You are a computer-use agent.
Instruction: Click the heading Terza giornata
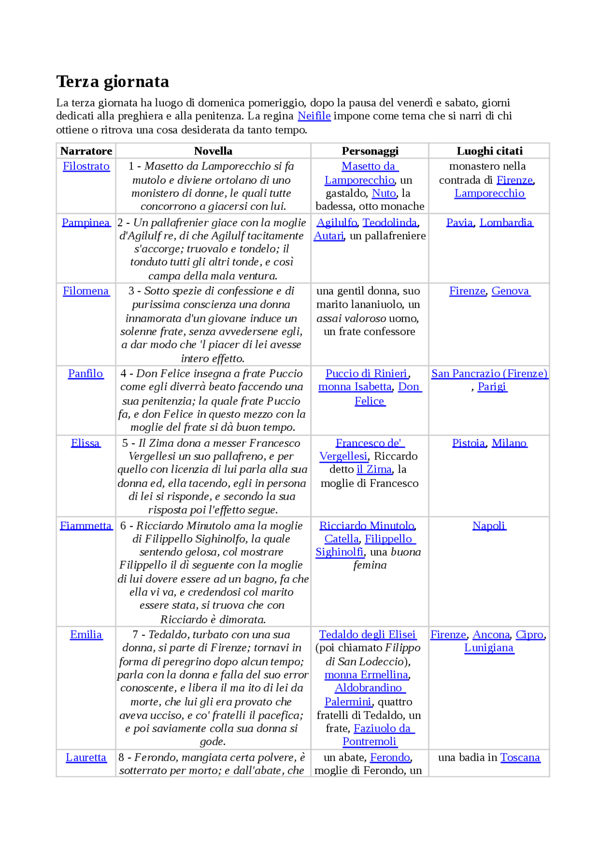pyautogui.click(x=112, y=81)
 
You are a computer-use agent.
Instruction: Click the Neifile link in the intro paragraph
pyautogui.click(x=314, y=116)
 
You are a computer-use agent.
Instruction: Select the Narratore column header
pyautogui.click(x=86, y=151)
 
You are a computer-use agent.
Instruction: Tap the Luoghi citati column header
pyautogui.click(x=489, y=151)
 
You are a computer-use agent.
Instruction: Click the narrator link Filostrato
pyautogui.click(x=86, y=166)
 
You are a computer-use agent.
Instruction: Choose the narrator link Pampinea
pyautogui.click(x=86, y=222)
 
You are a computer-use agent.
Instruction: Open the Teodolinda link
pyautogui.click(x=389, y=222)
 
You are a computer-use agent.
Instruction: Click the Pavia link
pyautogui.click(x=460, y=222)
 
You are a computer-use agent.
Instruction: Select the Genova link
pyautogui.click(x=511, y=291)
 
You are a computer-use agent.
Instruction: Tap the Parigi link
pyautogui.click(x=492, y=387)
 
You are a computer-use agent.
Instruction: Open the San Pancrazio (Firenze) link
pyautogui.click(x=489, y=374)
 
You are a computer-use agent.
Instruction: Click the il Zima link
pyautogui.click(x=374, y=469)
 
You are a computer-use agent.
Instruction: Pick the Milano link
pyautogui.click(x=509, y=443)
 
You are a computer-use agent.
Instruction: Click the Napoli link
pyautogui.click(x=489, y=525)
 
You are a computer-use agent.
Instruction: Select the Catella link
pyautogui.click(x=342, y=539)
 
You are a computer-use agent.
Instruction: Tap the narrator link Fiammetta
pyautogui.click(x=86, y=525)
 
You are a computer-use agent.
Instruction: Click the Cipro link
pyautogui.click(x=530, y=634)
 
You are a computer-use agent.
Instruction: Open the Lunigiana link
pyautogui.click(x=489, y=648)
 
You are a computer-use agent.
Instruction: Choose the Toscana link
pyautogui.click(x=520, y=757)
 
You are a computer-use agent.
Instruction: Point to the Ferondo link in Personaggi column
pyautogui.click(x=390, y=757)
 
